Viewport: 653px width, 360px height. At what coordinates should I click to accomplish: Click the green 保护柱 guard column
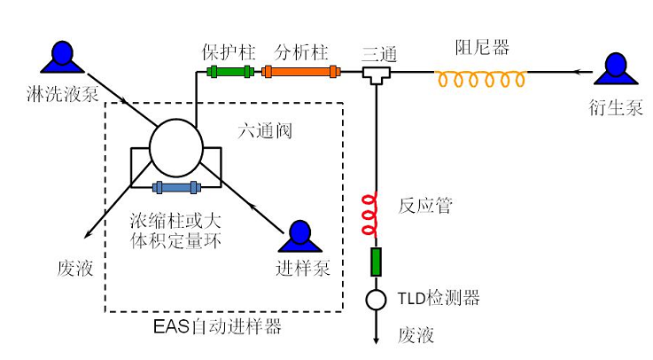[229, 71]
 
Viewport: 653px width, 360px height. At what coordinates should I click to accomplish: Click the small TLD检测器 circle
[376, 299]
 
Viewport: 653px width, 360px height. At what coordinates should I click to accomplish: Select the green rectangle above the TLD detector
[376, 263]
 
